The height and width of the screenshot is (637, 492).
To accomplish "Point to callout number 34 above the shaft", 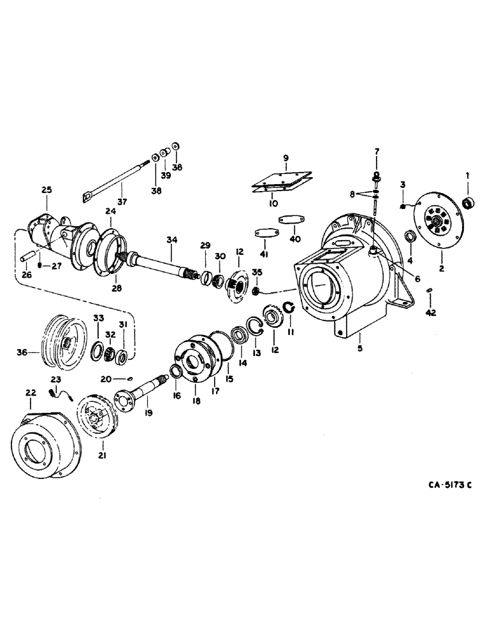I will point(170,240).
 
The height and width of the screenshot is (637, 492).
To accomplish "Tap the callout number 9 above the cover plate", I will point(286,157).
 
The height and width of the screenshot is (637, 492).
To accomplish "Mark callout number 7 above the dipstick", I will point(377,151).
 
